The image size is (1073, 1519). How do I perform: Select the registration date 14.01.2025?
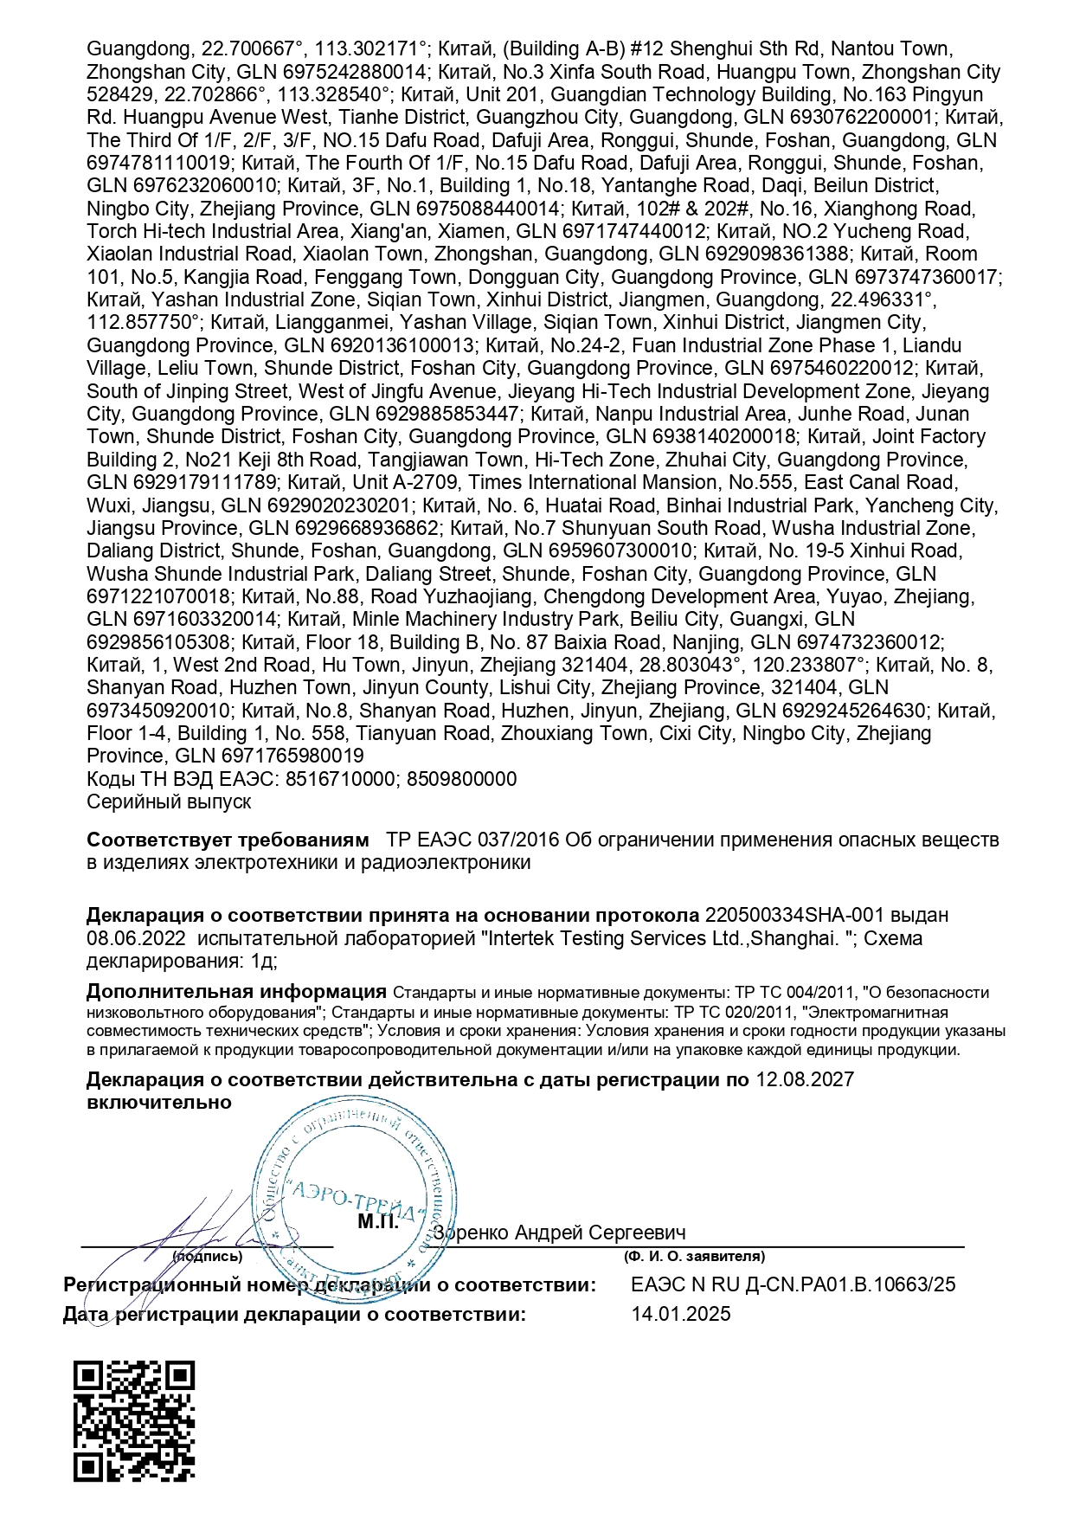681,1314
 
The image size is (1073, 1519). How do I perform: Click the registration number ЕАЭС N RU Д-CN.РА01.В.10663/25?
794,1284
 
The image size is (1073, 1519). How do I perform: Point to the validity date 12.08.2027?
805,1079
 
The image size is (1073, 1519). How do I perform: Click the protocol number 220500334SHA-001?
797,915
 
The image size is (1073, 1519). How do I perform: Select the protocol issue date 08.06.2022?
136,938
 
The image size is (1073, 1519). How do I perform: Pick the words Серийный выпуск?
169,801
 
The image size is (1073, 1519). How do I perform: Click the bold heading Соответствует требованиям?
228,840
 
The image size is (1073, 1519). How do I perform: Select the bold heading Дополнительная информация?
236,992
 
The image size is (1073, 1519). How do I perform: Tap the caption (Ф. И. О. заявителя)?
694,1256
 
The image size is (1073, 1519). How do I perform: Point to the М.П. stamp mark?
378,1222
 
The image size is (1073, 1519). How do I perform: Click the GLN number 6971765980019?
292,756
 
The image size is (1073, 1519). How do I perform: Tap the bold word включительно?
159,1102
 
